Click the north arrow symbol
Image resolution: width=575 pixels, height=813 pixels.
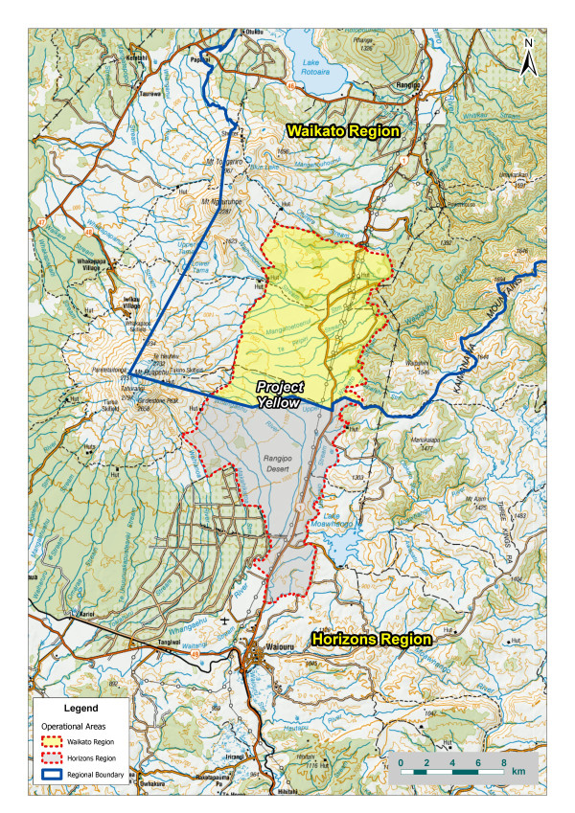point(527,59)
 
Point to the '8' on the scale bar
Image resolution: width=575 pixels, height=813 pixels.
point(504,761)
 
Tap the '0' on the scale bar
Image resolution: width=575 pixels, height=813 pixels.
point(401,761)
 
